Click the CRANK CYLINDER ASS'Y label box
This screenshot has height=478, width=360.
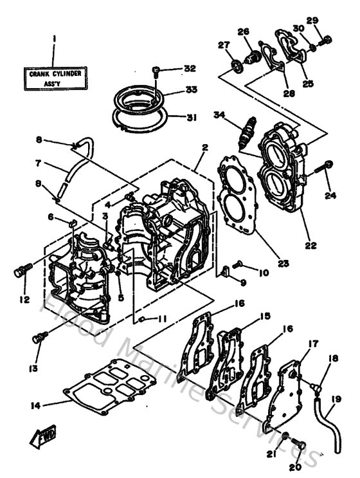tap(55, 80)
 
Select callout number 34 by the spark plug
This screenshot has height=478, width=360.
tap(219, 115)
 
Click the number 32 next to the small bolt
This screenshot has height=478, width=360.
tap(189, 69)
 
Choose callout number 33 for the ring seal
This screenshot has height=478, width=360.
tap(190, 90)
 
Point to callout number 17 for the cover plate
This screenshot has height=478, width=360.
tap(312, 344)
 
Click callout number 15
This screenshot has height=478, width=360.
tap(265, 316)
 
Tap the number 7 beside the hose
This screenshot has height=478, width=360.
tap(38, 162)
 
